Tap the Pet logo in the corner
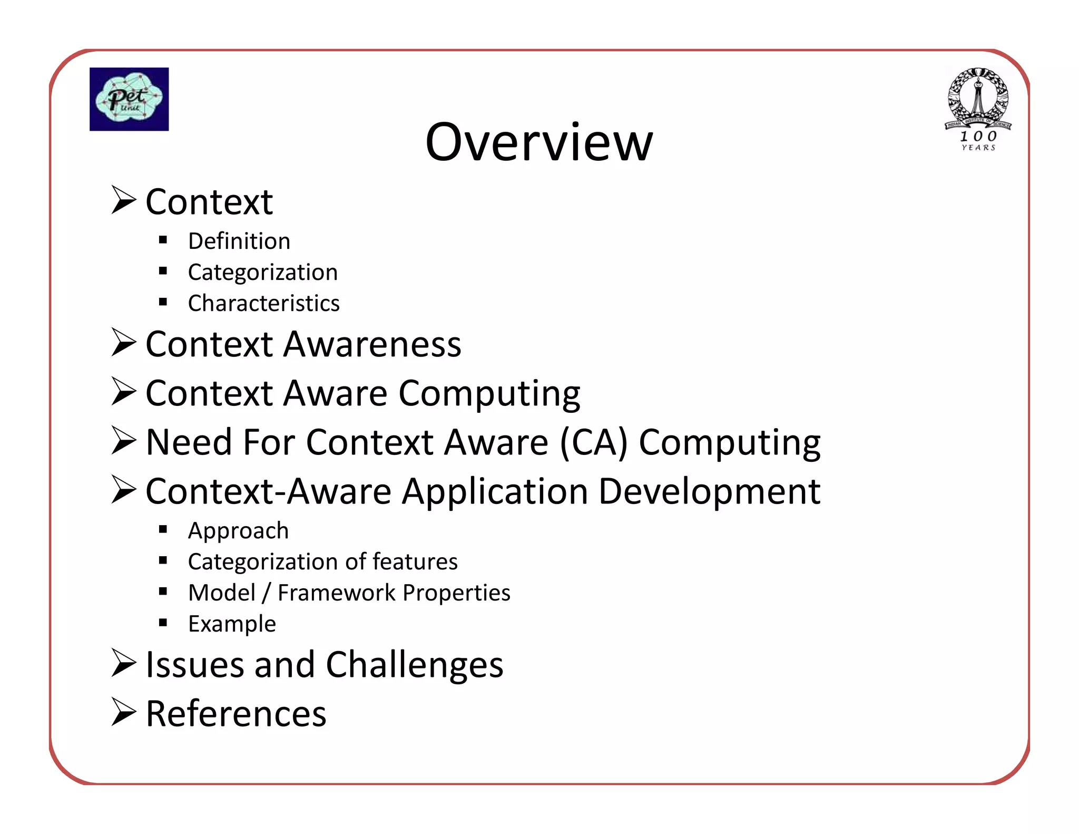[x=129, y=99]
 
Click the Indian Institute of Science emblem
[x=978, y=109]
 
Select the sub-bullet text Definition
[x=239, y=241]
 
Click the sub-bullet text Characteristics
[x=263, y=304]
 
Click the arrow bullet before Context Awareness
[x=124, y=343]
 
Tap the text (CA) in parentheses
[x=593, y=442]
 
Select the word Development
[x=709, y=491]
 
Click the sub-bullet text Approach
[x=238, y=531]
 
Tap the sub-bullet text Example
[x=232, y=624]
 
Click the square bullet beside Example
[x=163, y=623]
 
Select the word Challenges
[x=415, y=665]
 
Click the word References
[x=236, y=714]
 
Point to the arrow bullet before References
[x=124, y=712]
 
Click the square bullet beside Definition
[x=163, y=240]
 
